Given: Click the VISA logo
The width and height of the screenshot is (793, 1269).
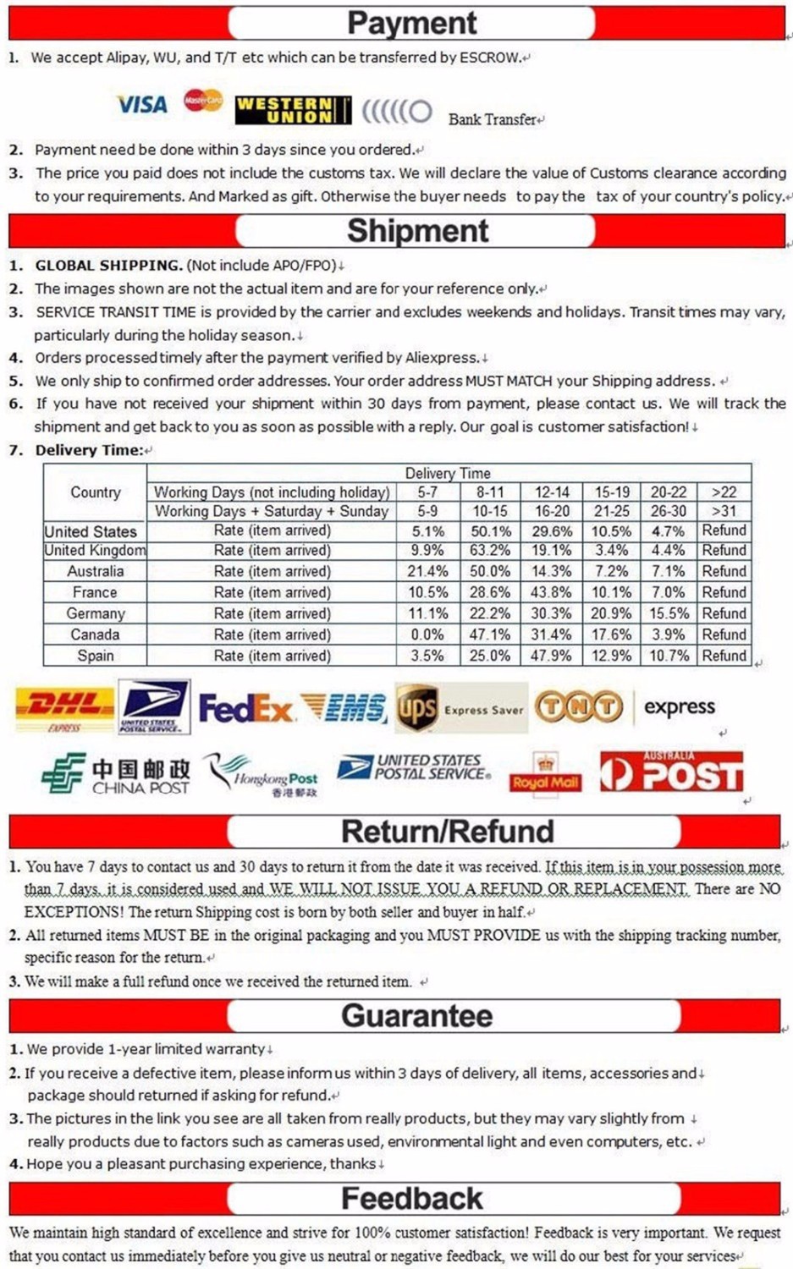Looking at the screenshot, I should [141, 105].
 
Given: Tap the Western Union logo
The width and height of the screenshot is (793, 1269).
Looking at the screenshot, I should [292, 110].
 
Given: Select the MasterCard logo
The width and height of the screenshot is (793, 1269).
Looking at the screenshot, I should [203, 101].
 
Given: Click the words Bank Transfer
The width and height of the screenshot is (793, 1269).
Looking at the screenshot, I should [493, 119].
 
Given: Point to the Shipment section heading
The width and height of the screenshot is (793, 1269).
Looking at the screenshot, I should [417, 231].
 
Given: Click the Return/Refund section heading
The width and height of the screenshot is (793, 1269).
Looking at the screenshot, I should [447, 832].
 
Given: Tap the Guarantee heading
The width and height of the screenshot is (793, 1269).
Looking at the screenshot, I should [416, 1015].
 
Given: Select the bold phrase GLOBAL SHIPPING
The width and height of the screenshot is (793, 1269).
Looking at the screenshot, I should [108, 265].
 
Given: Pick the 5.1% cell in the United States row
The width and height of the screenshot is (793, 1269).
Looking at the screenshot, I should [428, 531].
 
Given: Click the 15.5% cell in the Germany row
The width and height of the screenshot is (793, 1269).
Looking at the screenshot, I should [668, 613].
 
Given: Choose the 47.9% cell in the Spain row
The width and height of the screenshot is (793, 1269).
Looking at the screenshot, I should [552, 656].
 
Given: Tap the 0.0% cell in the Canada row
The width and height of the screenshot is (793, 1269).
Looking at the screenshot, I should [427, 634].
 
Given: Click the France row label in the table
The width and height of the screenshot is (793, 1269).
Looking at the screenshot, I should [95, 592].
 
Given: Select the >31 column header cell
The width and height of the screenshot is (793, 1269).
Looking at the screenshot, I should [724, 511].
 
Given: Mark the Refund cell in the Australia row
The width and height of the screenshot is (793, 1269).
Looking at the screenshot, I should [724, 571].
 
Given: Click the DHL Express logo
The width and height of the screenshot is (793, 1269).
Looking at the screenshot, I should [65, 707].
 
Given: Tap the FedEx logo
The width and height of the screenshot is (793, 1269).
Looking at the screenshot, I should [245, 708].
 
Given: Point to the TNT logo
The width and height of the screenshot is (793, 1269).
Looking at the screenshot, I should [580, 707].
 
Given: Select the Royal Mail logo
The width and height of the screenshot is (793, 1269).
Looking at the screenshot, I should [545, 772].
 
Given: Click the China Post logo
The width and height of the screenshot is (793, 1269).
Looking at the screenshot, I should [116, 774].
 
